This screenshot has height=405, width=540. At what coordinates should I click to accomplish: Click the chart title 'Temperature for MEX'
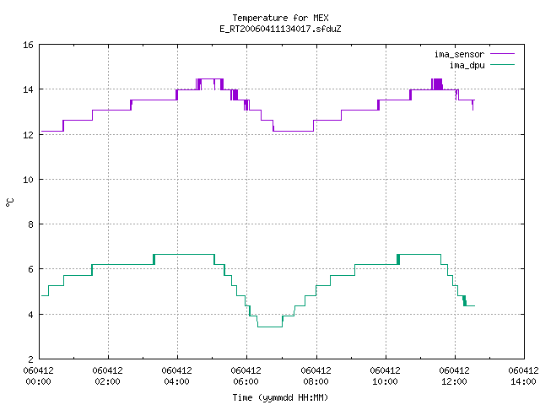coord(280,18)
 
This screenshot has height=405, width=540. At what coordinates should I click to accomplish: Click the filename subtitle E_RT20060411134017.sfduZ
coord(280,29)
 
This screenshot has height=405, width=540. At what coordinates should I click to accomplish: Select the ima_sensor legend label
coord(459,54)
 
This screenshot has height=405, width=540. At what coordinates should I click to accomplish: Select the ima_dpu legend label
coord(467,65)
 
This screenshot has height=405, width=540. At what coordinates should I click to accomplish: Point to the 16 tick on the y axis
coord(28,45)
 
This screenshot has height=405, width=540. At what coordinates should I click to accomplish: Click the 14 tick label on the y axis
coord(28,89)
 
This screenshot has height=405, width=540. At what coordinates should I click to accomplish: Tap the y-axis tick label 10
coord(28,180)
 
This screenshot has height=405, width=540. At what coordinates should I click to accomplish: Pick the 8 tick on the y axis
coord(30,224)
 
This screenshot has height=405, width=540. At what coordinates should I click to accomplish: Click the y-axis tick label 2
coord(30,359)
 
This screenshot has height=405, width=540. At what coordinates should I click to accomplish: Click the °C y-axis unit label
coord(9,202)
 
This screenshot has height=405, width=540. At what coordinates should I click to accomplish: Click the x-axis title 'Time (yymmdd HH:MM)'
coord(280,397)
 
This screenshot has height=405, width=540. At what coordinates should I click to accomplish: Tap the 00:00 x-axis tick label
coord(38,381)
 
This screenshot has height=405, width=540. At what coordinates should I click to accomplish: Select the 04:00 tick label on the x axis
coord(176,381)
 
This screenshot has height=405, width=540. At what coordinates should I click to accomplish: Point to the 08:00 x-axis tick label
coord(316,381)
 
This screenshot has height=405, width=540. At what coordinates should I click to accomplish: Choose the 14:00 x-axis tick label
coord(523,381)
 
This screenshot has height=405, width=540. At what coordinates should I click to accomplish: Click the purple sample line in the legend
coord(502,54)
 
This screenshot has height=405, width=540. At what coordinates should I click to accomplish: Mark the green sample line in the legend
coord(502,65)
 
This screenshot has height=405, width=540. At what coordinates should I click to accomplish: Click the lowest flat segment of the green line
coord(270,327)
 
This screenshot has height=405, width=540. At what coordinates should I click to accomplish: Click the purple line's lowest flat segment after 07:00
coord(294,132)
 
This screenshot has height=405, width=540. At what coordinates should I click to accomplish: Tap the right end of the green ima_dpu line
coord(474,305)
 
